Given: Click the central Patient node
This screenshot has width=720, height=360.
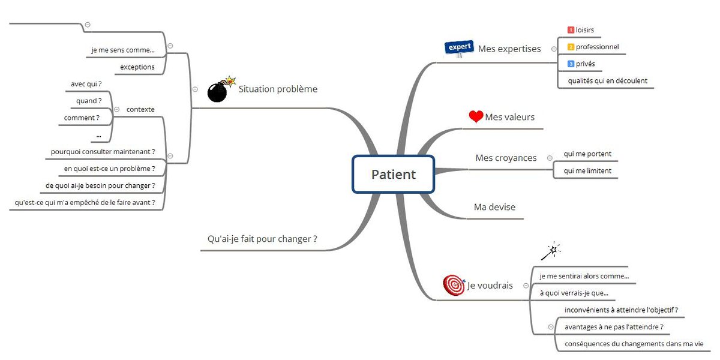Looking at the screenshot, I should pos(393,175).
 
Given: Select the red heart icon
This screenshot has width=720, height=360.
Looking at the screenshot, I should pos(476,117).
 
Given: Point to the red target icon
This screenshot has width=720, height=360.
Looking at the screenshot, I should pos(454,285).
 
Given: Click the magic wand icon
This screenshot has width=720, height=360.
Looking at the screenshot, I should pos(550,251).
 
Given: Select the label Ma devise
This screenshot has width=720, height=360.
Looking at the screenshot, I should pos(494,207).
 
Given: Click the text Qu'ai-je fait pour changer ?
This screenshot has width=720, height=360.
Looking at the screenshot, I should pos(262,239).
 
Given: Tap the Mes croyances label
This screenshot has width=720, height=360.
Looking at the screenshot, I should pos(506,158).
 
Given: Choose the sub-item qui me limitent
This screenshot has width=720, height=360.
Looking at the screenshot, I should pos(587,170).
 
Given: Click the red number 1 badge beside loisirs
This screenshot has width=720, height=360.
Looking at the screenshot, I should pos(571,30).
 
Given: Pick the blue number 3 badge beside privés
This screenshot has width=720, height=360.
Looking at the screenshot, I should pos(571,64).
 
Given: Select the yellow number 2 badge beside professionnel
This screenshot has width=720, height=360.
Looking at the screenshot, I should pos(571,47).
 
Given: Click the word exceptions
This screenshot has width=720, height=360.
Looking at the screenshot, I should pos(137,67).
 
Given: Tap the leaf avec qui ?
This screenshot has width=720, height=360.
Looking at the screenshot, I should pos(86,84).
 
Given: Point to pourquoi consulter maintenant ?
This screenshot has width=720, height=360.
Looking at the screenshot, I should pos(103,152).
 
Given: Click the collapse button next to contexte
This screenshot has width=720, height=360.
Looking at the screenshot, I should pos(116,109).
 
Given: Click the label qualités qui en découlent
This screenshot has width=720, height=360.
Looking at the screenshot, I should pos(607,80).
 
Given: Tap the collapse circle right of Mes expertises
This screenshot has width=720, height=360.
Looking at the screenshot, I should pos(553,49).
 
